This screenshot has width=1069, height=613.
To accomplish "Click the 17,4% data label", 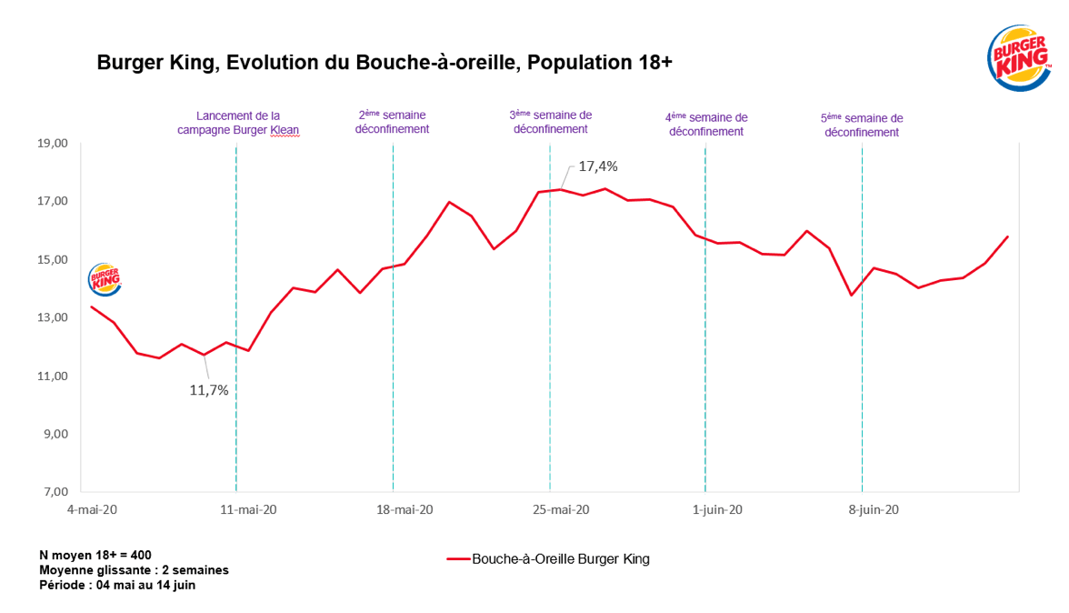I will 598,166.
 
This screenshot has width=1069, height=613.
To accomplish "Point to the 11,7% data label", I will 208,389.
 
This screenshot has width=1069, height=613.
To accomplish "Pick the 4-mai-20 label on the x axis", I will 93,509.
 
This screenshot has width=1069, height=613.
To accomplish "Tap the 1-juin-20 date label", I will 717,509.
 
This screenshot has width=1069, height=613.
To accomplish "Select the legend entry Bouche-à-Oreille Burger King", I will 549,558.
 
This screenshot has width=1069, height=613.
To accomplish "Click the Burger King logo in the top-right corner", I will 1018,56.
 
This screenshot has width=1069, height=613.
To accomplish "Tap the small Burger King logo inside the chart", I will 104,279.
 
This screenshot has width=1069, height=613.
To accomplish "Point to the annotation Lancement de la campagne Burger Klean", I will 238,123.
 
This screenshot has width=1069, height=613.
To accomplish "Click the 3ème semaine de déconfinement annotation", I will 551,122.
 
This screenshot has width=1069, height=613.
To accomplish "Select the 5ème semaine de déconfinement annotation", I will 862,125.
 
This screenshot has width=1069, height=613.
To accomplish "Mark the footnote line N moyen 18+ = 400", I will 95,554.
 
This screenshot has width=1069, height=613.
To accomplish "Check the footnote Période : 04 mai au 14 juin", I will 117,585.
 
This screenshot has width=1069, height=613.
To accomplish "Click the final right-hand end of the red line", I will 1007,236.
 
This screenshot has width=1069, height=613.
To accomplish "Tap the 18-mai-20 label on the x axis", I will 405,509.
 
